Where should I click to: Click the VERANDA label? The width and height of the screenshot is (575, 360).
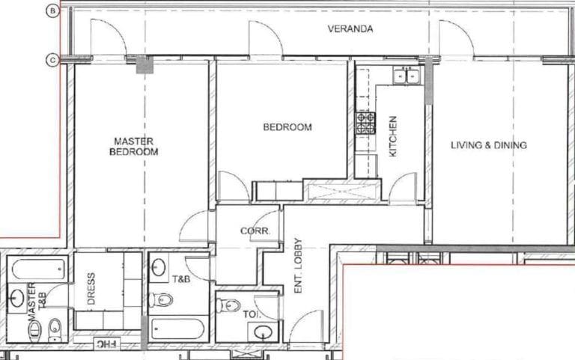coord(350,30)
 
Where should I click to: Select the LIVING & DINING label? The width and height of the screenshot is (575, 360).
coord(488,145)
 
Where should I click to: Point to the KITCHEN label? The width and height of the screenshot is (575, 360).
coord(393,135)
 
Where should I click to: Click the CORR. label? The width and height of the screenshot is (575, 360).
coord(250,231)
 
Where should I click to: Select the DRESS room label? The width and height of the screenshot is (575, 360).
coord(91,296)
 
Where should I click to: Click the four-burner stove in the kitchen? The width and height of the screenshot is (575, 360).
coord(365,122)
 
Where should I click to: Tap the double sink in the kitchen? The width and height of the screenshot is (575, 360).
coord(408,75)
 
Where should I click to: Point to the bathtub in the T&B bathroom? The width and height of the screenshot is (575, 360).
coord(177,329)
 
